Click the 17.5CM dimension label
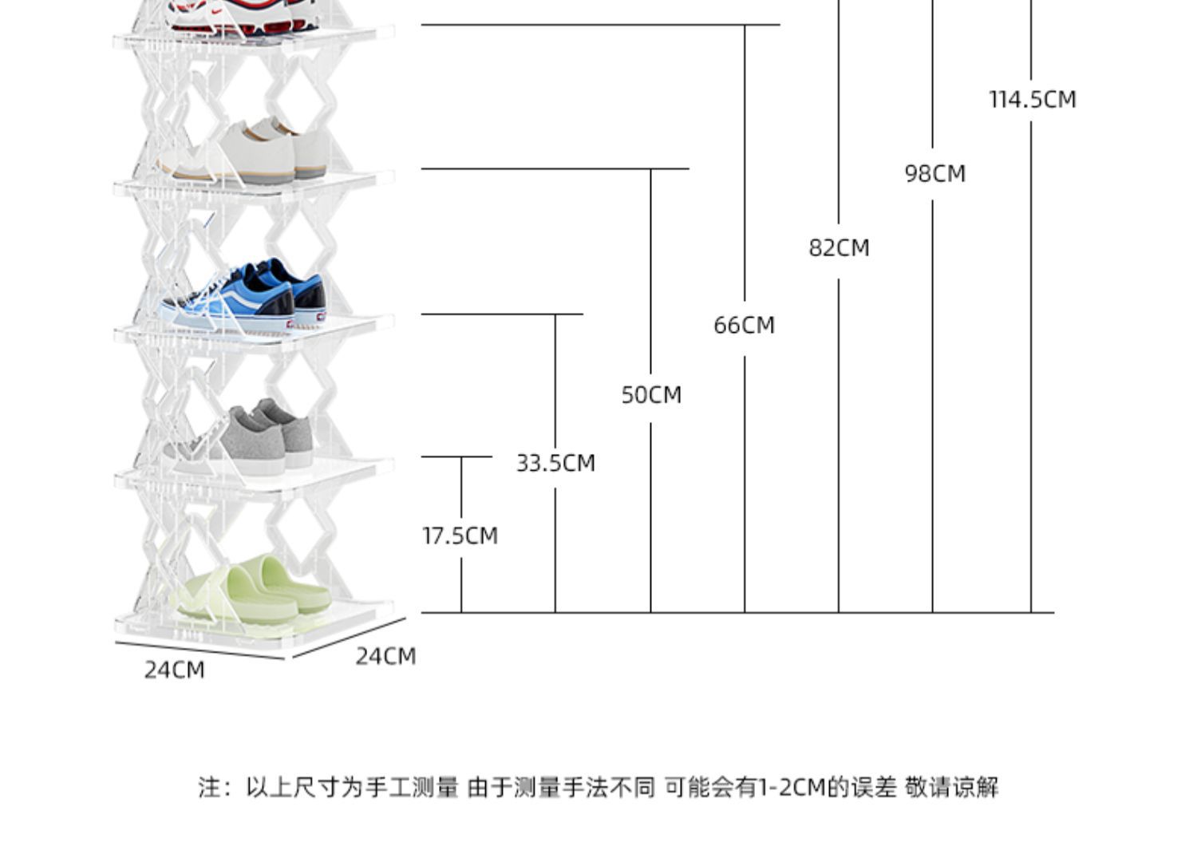(460, 536)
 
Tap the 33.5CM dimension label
(555, 463)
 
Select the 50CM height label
(651, 395)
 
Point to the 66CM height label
(745, 326)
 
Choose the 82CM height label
(839, 248)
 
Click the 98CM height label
(935, 174)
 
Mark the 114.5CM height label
(1033, 100)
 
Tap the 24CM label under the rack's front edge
(174, 670)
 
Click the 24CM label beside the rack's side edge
(385, 657)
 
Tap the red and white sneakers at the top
(243, 16)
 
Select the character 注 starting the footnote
(208, 788)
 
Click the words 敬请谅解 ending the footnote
(952, 788)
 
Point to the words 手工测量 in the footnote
(412, 788)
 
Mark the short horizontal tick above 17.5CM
(456, 457)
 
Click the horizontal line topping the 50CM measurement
(555, 169)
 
